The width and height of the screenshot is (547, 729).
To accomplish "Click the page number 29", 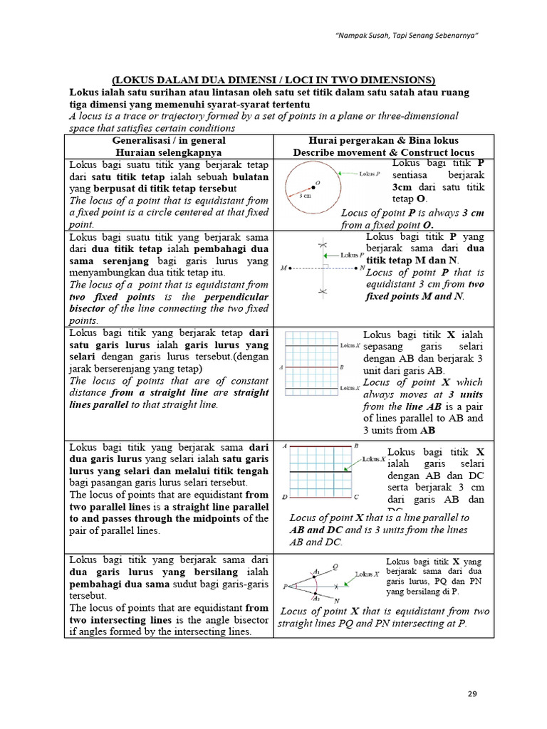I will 472,694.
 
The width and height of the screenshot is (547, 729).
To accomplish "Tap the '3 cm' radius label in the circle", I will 305,195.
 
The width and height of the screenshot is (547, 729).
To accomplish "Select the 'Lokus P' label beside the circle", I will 369,174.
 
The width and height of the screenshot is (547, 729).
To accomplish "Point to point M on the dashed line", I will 284,268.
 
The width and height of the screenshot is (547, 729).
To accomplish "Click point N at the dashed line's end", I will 362,268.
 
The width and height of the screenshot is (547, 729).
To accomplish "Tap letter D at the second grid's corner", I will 284,497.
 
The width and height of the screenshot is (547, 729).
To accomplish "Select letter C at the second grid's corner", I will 357,497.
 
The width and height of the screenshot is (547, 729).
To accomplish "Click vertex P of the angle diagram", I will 285,587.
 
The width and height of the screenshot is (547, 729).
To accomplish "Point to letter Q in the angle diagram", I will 335,567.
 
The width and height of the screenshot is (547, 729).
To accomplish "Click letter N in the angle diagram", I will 336,602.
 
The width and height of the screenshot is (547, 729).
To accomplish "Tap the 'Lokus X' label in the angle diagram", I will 367,574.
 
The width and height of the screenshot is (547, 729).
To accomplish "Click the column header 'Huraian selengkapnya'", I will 169,152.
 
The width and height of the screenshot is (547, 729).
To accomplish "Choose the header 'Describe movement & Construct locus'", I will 383,152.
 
